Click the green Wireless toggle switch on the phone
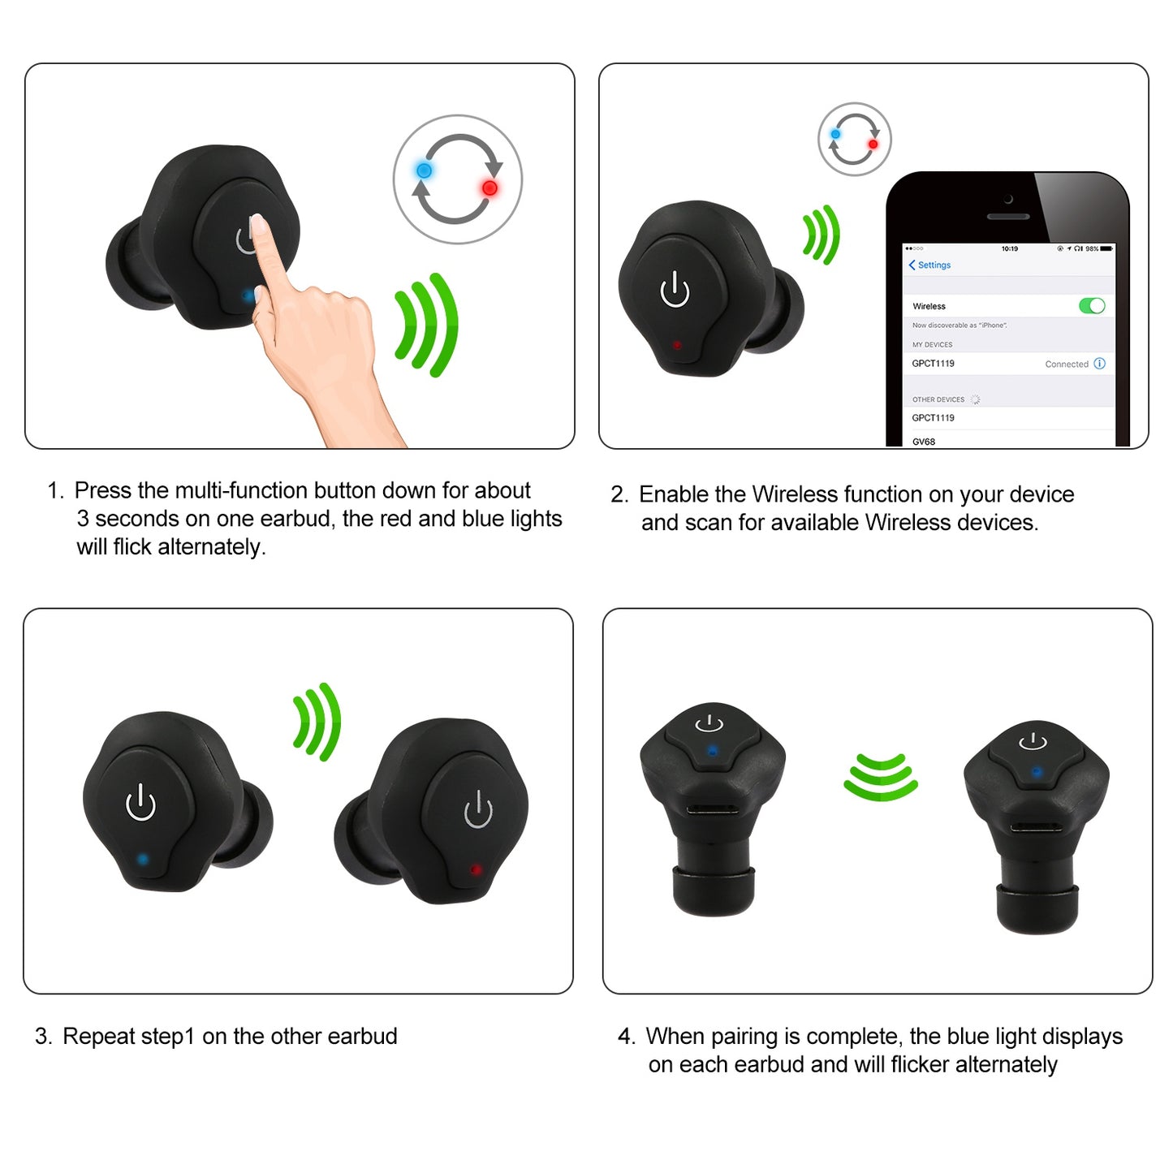[1092, 306]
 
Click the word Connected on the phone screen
[1066, 364]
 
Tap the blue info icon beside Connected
[1100, 364]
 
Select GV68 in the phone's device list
[924, 442]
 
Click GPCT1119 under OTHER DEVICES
[933, 418]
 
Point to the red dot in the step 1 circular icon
[489, 188]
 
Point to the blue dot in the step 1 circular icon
[424, 170]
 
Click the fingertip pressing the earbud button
[257, 223]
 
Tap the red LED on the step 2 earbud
[677, 345]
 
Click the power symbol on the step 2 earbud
[675, 290]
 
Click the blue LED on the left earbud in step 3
[143, 858]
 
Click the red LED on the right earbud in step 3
[476, 869]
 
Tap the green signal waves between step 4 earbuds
[881, 777]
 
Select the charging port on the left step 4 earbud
[712, 809]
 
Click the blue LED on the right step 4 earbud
[1036, 772]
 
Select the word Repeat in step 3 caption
[98, 1037]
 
